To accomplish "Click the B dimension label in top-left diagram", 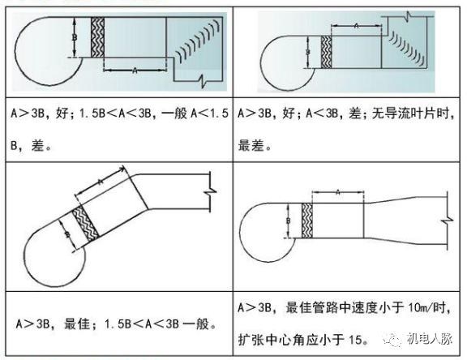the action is tap(75, 37).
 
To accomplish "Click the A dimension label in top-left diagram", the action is tap(135, 71).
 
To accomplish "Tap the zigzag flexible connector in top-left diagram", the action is tap(97, 37).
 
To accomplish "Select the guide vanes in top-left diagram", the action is tap(198, 41).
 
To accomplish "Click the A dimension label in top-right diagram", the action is tap(357, 26).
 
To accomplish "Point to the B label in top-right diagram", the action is tap(308, 52).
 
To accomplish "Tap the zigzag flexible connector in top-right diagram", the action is tap(327, 52).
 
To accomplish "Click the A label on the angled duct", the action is tap(101, 182).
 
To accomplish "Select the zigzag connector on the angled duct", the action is tap(85, 225).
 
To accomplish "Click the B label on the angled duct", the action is tap(68, 234).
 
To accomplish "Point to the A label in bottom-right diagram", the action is tap(338, 192).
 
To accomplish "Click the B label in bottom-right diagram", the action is tap(289, 221).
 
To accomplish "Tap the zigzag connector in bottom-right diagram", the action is tap(307, 221).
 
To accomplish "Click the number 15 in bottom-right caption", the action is tap(355, 340).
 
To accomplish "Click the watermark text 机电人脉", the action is tap(430, 339).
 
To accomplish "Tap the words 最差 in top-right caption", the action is tap(251, 146).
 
